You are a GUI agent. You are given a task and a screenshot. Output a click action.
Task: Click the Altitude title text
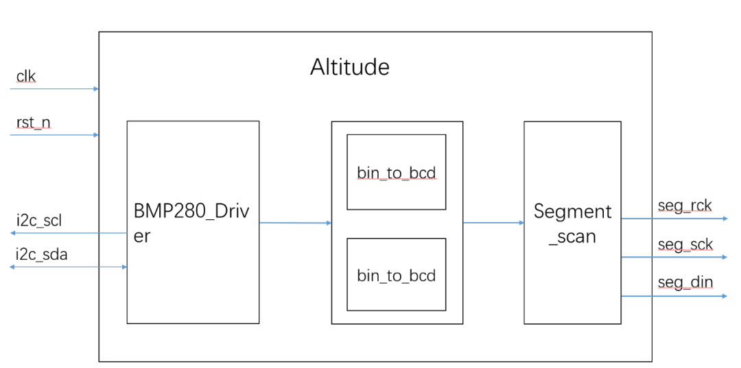(x=349, y=67)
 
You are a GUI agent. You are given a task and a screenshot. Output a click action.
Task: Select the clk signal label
(x=25, y=77)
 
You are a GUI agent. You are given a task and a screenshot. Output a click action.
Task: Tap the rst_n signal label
(x=33, y=123)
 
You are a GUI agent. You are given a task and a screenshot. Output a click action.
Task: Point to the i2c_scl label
(x=38, y=221)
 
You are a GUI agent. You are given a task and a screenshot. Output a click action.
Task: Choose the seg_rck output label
(x=685, y=206)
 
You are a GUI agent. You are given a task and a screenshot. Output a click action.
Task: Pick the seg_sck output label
(x=685, y=245)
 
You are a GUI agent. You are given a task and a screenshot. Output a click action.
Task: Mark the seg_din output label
(x=685, y=283)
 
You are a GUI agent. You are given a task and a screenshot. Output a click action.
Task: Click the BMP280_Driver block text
(x=192, y=223)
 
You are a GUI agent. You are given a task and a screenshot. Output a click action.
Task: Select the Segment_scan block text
(x=572, y=223)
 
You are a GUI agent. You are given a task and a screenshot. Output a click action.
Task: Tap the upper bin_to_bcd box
(x=396, y=172)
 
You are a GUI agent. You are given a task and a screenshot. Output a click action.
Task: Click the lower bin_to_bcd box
(x=396, y=275)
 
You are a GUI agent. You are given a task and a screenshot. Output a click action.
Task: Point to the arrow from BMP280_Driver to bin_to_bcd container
(x=295, y=223)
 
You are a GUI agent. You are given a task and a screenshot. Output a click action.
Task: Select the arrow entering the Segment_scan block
(x=493, y=223)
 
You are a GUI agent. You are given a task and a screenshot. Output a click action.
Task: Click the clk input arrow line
(x=55, y=88)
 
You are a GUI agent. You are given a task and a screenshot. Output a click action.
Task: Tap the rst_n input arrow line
(x=55, y=135)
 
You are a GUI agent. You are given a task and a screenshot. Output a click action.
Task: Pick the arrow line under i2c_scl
(x=69, y=233)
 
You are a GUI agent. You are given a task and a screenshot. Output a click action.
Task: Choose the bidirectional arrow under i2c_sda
(x=69, y=267)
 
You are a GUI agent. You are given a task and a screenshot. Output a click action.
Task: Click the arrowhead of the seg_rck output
(x=724, y=219)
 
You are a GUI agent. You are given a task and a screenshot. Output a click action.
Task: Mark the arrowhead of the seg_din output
(x=724, y=296)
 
